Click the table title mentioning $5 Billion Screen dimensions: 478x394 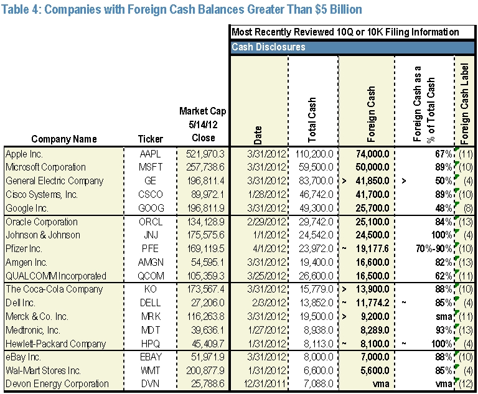click(182, 9)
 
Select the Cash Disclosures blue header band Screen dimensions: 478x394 click(352, 47)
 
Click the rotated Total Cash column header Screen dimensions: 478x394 click(312, 120)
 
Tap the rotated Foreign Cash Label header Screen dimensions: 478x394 click(464, 104)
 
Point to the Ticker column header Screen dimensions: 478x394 click(151, 139)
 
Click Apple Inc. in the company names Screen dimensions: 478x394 click(24, 154)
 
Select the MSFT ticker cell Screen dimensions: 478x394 click(151, 167)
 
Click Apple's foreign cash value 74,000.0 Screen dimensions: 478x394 click(373, 154)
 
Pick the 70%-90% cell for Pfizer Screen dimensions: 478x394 click(434, 249)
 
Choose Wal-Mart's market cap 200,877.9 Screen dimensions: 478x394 click(205, 370)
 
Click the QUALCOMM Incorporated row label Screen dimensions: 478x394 click(56, 276)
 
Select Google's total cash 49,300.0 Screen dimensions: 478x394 click(316, 209)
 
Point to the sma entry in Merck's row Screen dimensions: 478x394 click(444, 317)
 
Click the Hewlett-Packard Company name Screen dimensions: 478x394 click(56, 344)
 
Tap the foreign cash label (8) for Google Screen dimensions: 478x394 click(468, 209)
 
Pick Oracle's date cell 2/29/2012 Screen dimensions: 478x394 click(267, 222)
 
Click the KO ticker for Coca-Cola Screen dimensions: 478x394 click(150, 289)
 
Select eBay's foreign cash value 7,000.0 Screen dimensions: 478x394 click(375, 357)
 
